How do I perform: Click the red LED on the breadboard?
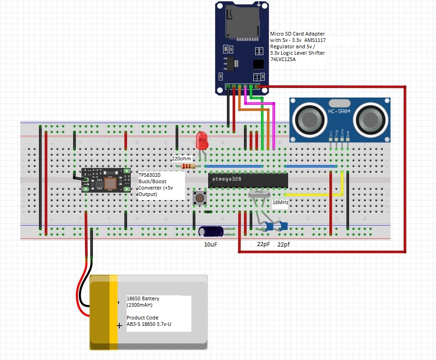click(x=201, y=140)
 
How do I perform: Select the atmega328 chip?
click(x=248, y=180)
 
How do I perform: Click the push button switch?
click(x=200, y=197)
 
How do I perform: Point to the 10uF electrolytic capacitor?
click(x=211, y=231)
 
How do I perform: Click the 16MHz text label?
click(x=280, y=202)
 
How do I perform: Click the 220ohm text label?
click(x=181, y=159)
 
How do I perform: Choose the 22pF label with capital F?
click(x=263, y=244)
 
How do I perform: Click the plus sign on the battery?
click(x=119, y=325)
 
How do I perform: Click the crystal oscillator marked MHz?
click(x=258, y=194)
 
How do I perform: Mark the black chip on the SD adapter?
click(x=258, y=63)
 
